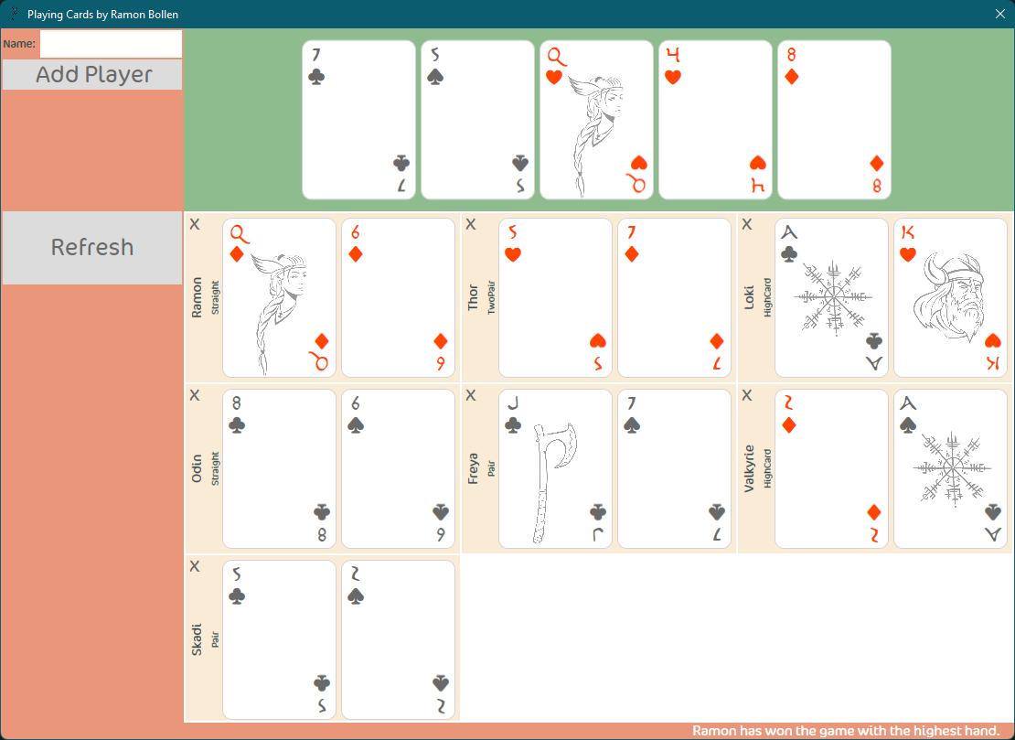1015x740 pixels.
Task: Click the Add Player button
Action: click(x=92, y=75)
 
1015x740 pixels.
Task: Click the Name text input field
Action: click(x=111, y=44)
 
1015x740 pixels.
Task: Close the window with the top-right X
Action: click(x=1000, y=14)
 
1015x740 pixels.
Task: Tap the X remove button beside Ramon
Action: click(x=195, y=225)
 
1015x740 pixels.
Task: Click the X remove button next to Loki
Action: click(x=747, y=225)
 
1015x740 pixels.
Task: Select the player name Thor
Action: click(x=473, y=297)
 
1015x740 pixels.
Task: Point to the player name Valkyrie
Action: click(x=749, y=468)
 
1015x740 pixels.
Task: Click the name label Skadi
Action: click(x=197, y=639)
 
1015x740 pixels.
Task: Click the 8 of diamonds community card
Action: click(x=834, y=120)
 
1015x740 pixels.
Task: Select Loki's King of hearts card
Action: click(x=950, y=297)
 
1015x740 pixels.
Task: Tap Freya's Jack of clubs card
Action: click(x=555, y=468)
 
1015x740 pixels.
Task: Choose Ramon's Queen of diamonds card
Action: click(x=279, y=297)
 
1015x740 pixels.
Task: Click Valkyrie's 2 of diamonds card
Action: click(x=831, y=468)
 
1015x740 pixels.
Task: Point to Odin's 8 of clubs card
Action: click(x=279, y=468)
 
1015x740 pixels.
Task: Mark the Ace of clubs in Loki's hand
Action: click(x=831, y=297)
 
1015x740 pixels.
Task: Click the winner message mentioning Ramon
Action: click(x=845, y=731)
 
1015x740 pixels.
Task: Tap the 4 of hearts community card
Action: click(x=715, y=120)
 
